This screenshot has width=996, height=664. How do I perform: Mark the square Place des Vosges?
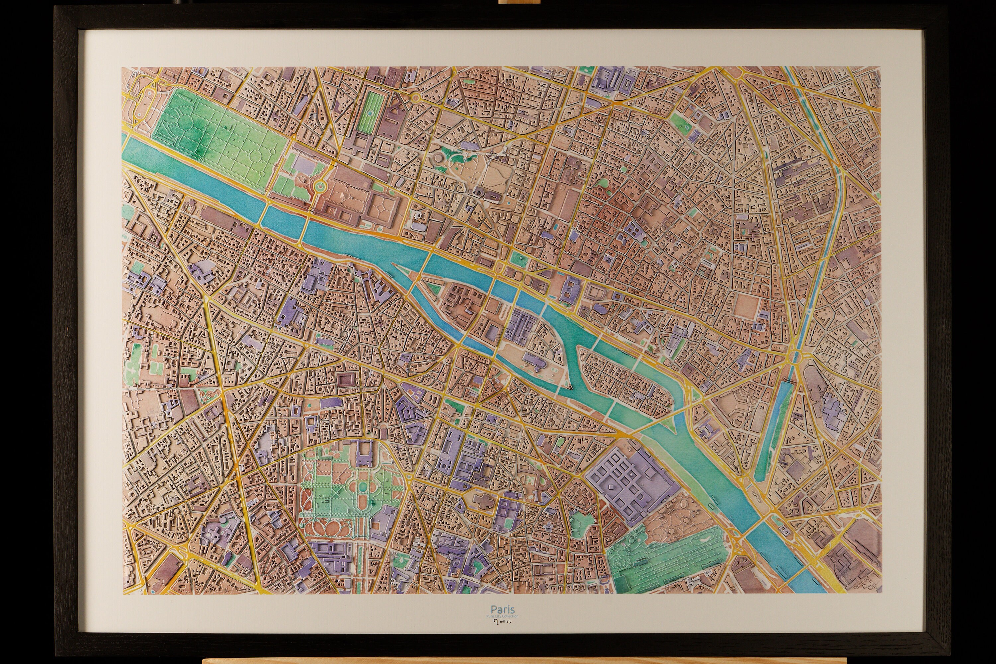tap(747, 304)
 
